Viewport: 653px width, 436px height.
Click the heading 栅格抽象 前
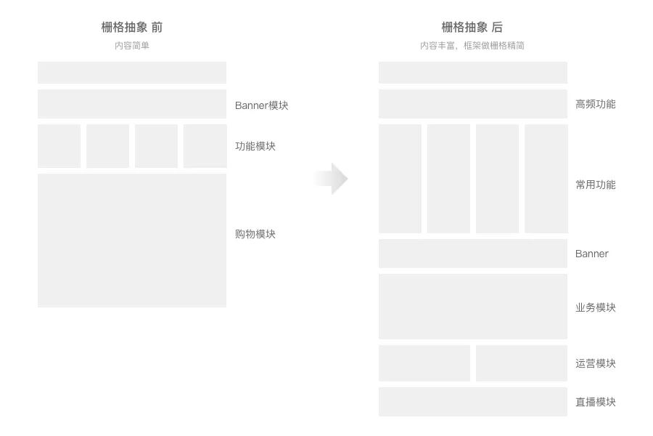(132, 28)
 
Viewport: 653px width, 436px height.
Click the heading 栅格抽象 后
(472, 28)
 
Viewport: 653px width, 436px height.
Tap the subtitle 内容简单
(132, 45)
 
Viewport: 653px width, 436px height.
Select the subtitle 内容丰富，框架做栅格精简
(472, 45)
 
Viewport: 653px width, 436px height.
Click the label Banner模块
(262, 105)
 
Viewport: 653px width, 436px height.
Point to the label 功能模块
(255, 146)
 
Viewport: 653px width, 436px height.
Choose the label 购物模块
(255, 234)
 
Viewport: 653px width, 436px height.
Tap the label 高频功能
(595, 104)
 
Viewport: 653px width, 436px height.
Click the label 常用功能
(595, 185)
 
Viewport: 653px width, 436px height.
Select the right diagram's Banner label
(592, 254)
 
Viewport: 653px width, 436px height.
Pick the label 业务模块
(595, 307)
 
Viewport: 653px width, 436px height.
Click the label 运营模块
(595, 363)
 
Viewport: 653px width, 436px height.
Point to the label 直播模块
(595, 402)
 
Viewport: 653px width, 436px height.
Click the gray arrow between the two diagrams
(332, 179)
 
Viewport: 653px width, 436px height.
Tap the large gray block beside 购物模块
(132, 240)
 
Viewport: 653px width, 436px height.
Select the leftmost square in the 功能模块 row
(59, 146)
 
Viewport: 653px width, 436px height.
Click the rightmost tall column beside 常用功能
(546, 179)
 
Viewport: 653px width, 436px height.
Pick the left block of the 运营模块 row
(424, 363)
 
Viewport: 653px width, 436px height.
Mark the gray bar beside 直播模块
(472, 402)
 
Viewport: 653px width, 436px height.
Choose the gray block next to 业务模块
(472, 307)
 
